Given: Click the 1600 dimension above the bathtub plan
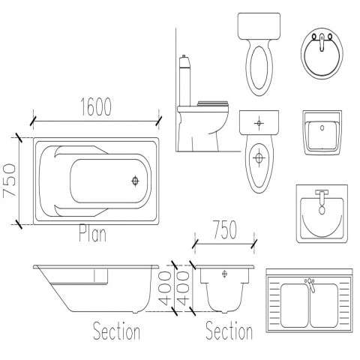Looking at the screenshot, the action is click(x=96, y=106).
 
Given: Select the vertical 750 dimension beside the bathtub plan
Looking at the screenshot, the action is click(x=10, y=180).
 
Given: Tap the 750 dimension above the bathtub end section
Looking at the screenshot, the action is click(x=225, y=229).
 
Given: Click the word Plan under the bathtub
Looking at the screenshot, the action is click(x=92, y=233).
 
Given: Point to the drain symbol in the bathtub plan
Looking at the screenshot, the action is click(x=135, y=181).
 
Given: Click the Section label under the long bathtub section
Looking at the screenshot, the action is click(x=116, y=331).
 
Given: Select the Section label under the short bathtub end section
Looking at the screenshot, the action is click(x=229, y=331).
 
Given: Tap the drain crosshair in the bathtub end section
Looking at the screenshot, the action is click(x=225, y=274).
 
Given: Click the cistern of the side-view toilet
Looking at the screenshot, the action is click(x=184, y=80).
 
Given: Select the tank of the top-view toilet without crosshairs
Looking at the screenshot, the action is click(x=259, y=26).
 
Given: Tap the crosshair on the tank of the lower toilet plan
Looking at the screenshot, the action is click(x=259, y=123).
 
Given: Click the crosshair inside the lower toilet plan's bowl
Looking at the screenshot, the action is click(x=259, y=158).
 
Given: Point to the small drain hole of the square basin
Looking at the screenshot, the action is click(x=322, y=128).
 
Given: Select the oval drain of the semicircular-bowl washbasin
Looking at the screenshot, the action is click(x=322, y=210).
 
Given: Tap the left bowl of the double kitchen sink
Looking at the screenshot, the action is click(x=295, y=305).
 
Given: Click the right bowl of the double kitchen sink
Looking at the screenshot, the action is click(x=324, y=305).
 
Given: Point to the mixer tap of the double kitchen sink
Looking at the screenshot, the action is click(x=310, y=284).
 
